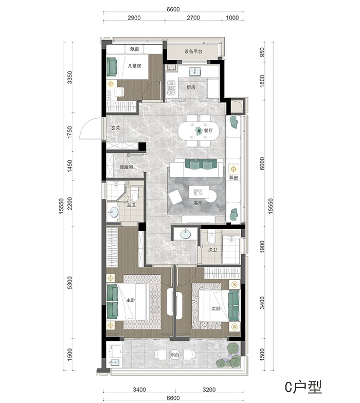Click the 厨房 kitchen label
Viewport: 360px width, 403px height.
click(191, 87)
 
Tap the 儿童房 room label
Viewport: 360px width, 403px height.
click(135, 66)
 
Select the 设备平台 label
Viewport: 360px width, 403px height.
click(193, 51)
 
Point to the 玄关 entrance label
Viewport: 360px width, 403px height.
click(115, 127)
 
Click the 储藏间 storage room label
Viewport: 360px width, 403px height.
click(127, 167)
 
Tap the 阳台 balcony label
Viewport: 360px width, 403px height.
click(175, 355)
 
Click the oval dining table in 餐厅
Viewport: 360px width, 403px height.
click(199, 131)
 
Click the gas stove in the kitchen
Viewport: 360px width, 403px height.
click(171, 89)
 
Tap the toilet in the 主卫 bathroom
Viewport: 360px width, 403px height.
click(135, 195)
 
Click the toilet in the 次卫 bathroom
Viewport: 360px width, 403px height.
click(212, 238)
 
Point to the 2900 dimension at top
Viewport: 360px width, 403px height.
click(134, 17)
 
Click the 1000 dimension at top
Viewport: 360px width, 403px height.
click(232, 17)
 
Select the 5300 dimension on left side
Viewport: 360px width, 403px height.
click(70, 283)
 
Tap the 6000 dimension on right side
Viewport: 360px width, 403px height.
click(262, 163)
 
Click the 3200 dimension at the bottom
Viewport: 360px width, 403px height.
click(209, 390)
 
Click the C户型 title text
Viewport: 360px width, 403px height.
click(303, 387)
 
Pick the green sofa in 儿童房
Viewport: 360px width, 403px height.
click(112, 67)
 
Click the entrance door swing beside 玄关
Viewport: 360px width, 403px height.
click(91, 129)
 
